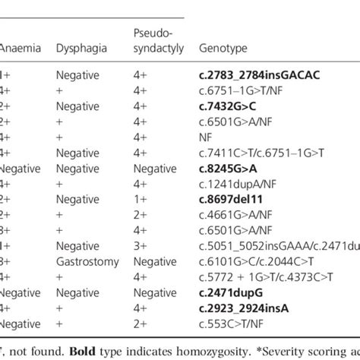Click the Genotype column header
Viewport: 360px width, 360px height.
[x=223, y=48]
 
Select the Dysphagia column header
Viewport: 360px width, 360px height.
[x=78, y=48]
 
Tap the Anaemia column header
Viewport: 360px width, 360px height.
[x=21, y=48]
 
